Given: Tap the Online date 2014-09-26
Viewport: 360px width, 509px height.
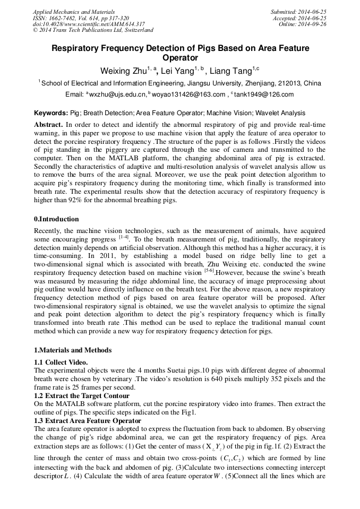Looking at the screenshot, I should pos(313,24).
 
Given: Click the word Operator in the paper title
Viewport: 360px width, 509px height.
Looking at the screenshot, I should pos(180,58).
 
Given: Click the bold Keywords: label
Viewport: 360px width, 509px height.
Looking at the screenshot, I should pos(51,113).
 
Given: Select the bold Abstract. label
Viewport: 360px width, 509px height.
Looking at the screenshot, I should pos(48,124).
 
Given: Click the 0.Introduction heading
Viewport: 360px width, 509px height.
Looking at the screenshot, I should pos(56,219).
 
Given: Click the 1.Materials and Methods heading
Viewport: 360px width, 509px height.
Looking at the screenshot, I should pos(73,350).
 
